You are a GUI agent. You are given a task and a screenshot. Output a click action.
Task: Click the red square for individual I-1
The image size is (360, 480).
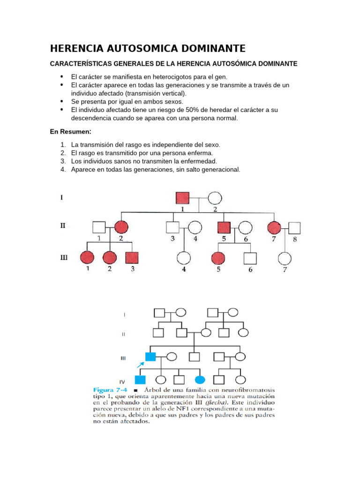tap(183, 198)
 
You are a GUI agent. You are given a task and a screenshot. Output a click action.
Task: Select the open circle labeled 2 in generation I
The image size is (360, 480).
tap(215, 198)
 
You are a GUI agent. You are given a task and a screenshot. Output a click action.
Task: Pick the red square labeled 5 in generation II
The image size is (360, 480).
tap(224, 228)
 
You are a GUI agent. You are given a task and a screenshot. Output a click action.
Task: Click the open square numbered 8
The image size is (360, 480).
tap(294, 228)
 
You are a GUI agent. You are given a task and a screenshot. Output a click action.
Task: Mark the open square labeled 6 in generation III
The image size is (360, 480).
tap(250, 258)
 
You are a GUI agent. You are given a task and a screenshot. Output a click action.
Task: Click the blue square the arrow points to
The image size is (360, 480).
tap(150, 357)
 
